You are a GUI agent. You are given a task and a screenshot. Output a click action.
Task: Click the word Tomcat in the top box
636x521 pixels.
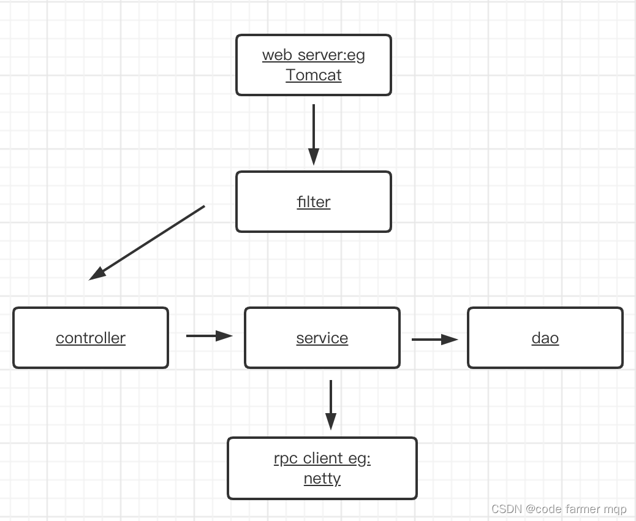point(313,75)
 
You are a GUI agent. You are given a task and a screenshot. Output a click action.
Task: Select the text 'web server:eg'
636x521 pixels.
point(313,55)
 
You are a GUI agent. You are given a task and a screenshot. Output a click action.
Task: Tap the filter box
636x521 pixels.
point(313,202)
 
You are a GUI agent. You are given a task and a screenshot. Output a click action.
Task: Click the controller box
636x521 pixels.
point(91,338)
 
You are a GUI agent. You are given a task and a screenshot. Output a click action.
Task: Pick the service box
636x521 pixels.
point(322,338)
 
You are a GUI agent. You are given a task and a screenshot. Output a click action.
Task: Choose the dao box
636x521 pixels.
point(545,338)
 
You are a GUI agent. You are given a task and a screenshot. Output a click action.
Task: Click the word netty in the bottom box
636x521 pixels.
point(322,478)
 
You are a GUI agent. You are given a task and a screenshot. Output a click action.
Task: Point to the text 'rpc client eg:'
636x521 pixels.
point(322,458)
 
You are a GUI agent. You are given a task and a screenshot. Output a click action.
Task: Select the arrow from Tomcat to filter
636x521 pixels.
point(314,132)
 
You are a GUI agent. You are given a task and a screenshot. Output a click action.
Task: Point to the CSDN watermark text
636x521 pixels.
point(559,509)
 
